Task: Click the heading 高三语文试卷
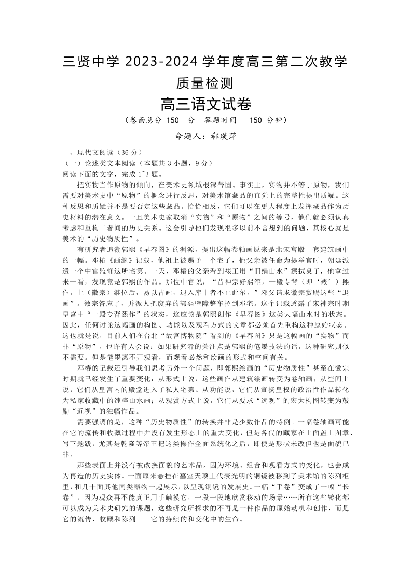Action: (205, 105)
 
